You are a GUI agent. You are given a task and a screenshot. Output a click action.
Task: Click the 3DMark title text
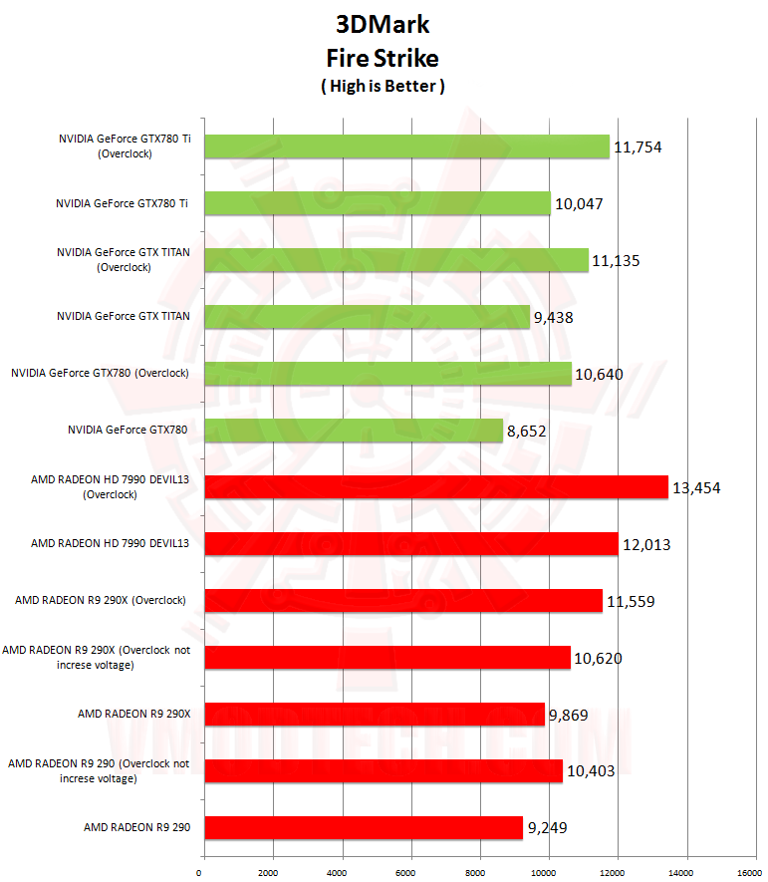click(383, 23)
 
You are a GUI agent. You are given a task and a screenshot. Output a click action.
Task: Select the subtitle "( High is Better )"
click(383, 87)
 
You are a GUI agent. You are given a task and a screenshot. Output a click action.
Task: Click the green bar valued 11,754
click(406, 147)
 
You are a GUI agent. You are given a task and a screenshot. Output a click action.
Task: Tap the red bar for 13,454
click(436, 486)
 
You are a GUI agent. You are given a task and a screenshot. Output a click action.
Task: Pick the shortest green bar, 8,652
click(354, 431)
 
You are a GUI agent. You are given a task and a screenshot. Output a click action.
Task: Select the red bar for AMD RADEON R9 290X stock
click(375, 714)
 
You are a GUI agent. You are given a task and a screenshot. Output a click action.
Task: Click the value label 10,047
click(581, 203)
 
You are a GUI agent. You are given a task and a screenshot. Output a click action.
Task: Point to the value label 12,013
click(648, 544)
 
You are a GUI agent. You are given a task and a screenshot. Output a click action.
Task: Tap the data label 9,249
click(553, 827)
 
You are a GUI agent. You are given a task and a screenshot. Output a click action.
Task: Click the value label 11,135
click(615, 261)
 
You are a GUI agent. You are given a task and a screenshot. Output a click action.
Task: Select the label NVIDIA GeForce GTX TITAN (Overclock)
click(124, 260)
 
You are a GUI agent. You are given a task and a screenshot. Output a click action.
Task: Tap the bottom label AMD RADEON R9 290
click(136, 826)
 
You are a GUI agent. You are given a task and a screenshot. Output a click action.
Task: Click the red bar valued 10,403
click(383, 770)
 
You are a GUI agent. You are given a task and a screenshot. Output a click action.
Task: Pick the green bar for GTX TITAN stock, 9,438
click(367, 317)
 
